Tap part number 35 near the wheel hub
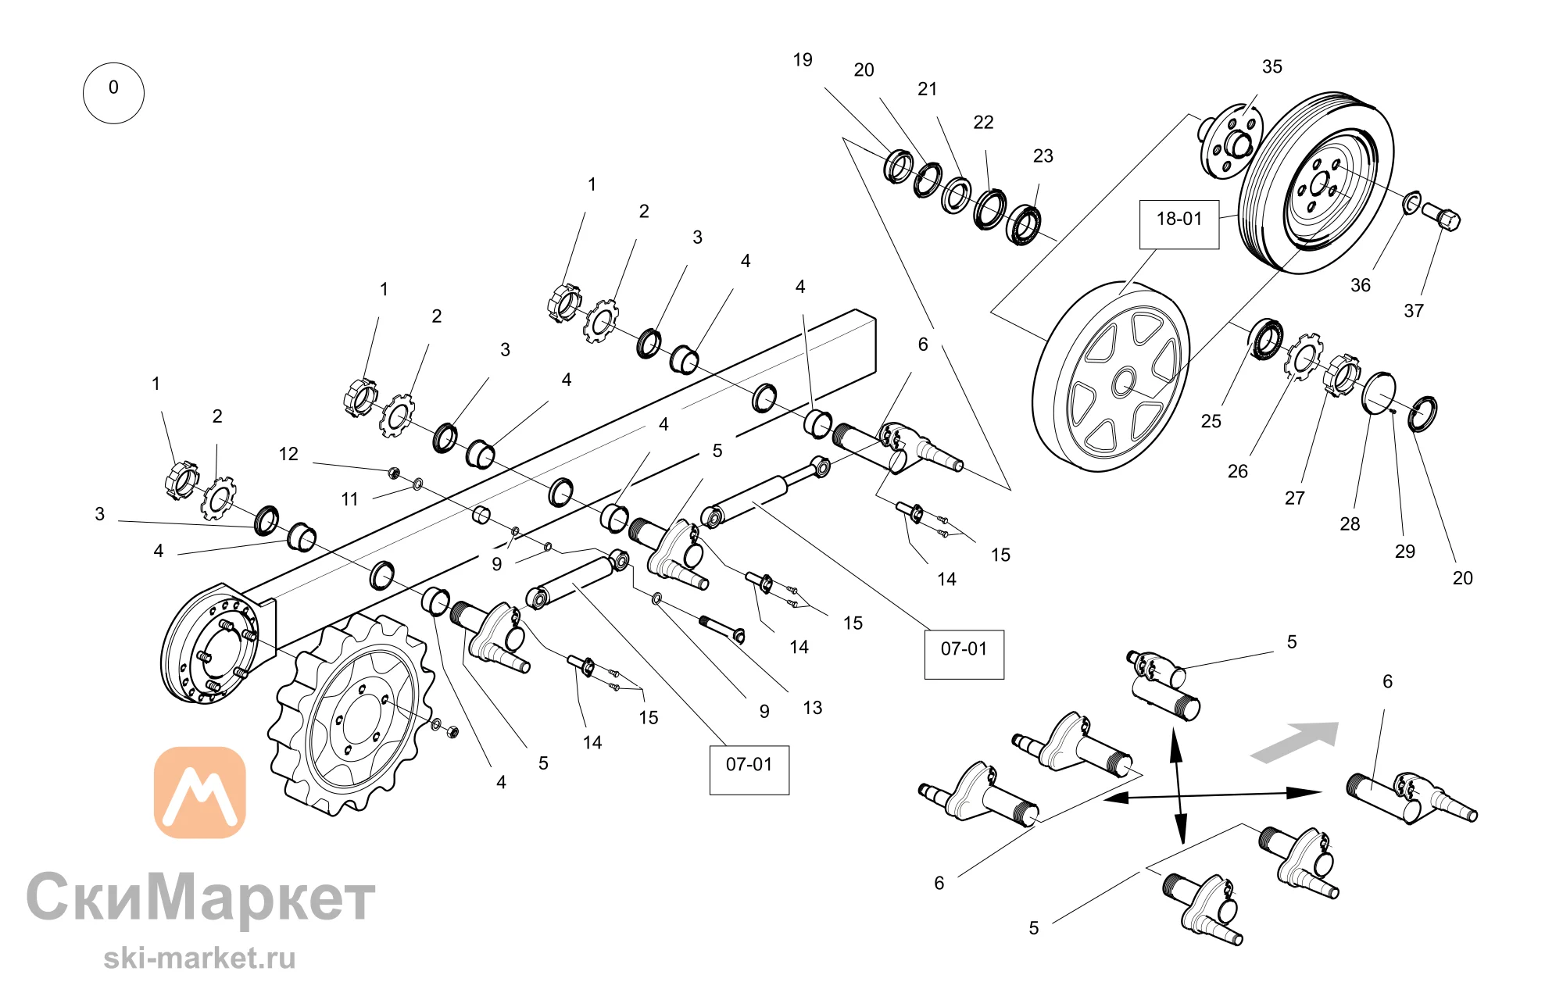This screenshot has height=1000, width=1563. click(x=1272, y=67)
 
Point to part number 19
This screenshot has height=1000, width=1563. click(x=803, y=60)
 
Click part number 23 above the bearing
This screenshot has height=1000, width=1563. click(x=1043, y=156)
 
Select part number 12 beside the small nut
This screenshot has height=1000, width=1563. click(x=288, y=454)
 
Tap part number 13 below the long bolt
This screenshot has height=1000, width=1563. click(x=813, y=708)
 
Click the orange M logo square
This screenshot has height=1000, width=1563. click(x=200, y=792)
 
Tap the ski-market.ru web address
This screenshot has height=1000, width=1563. click(x=199, y=959)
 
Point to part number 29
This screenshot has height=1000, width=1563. click(x=1405, y=552)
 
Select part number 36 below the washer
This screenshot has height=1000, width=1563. click(x=1361, y=285)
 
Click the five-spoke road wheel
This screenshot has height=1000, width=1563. click(x=1111, y=377)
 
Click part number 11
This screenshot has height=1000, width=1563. click(x=349, y=499)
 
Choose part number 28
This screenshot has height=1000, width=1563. click(x=1350, y=524)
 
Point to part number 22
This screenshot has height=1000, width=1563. click(x=983, y=123)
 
